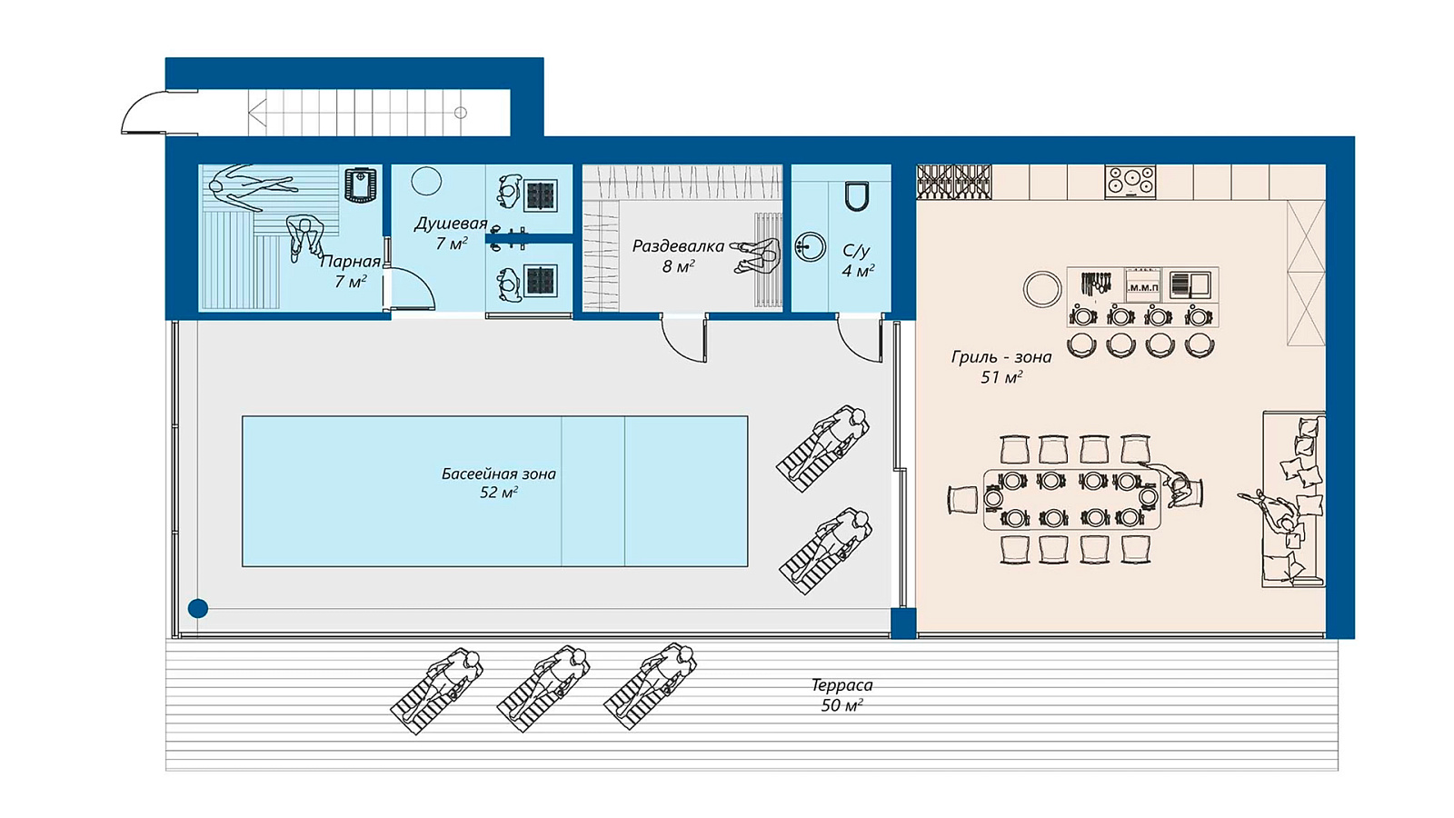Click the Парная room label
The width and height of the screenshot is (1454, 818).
(351, 262)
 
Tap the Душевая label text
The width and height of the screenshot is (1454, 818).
(451, 224)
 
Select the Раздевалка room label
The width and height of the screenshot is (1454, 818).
(678, 246)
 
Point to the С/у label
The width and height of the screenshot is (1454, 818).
(856, 251)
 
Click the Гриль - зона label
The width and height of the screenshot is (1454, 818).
(1001, 357)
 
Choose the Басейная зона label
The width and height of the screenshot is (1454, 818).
(499, 474)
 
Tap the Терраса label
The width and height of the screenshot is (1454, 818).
(842, 685)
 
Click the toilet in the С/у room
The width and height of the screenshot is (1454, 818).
(856, 196)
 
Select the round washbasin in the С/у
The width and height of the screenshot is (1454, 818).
(810, 246)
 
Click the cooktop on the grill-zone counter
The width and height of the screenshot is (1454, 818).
(1130, 181)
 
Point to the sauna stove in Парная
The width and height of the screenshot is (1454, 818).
(360, 185)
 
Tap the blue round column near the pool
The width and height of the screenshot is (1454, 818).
(198, 608)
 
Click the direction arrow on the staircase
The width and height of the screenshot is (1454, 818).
(258, 113)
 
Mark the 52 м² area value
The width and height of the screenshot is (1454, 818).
(499, 493)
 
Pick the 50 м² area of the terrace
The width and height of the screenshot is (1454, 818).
(842, 705)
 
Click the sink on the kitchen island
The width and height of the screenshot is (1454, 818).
(1190, 285)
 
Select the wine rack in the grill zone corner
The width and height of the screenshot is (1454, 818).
(953, 182)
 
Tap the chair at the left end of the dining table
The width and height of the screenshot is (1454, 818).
(963, 500)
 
